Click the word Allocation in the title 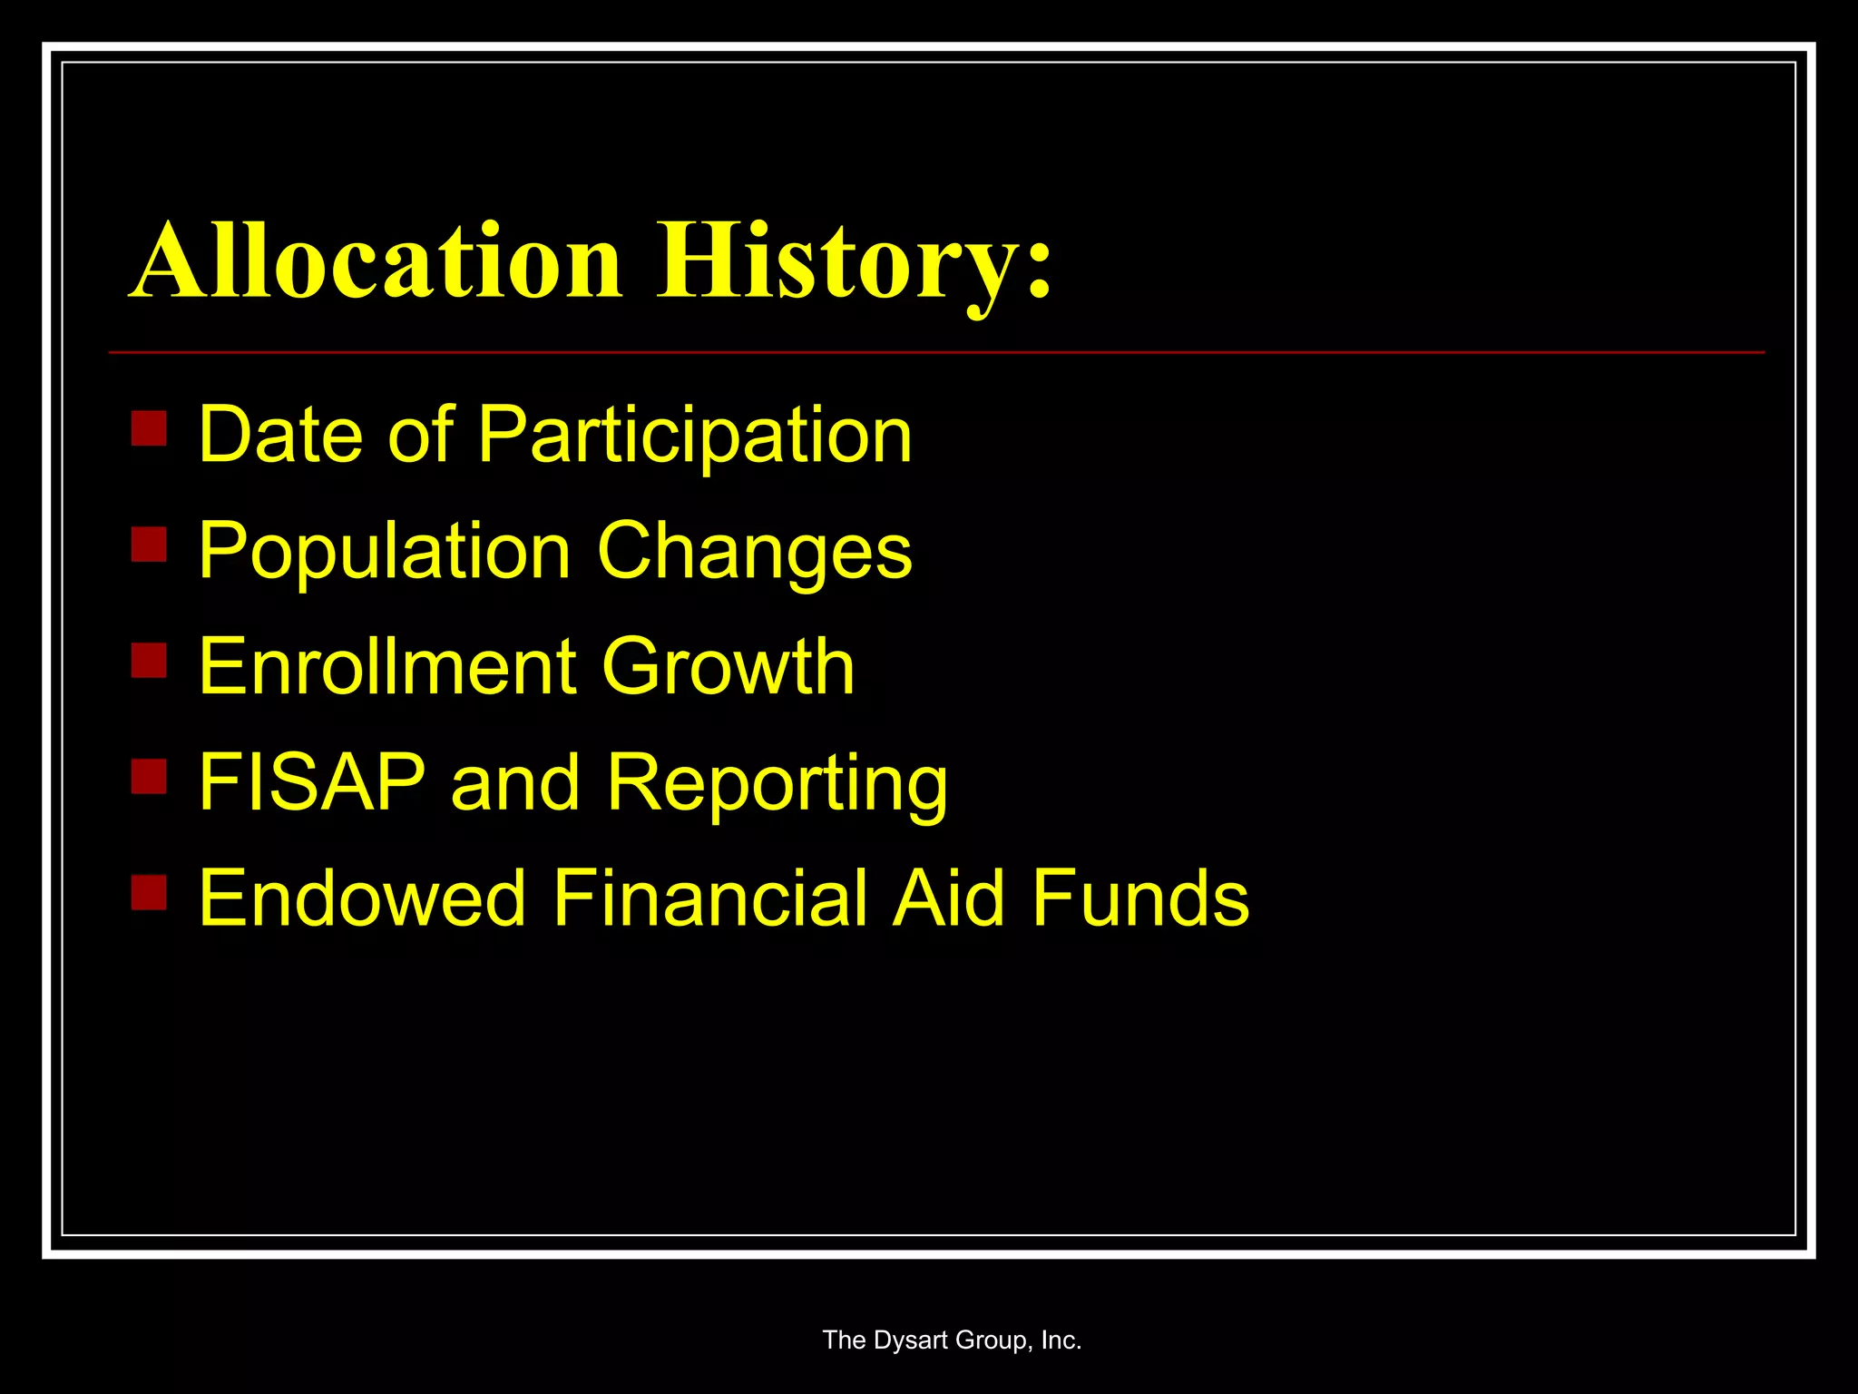376,261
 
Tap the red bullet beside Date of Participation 149,428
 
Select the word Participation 694,436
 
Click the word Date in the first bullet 281,436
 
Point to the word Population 385,552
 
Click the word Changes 755,552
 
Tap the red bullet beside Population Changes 149,545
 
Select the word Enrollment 386,667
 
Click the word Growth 728,667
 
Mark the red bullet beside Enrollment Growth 149,661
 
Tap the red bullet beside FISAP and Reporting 149,776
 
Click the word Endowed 362,898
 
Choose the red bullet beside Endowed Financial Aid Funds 149,891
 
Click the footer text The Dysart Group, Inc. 952,1340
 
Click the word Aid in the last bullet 949,898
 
